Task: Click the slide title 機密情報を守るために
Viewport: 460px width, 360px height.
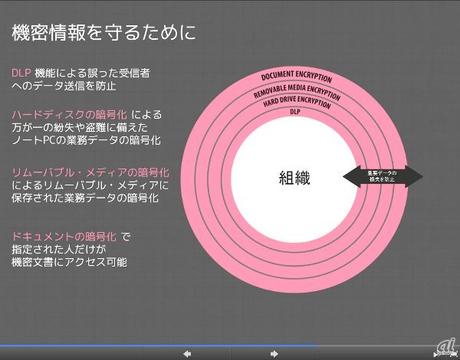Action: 103,33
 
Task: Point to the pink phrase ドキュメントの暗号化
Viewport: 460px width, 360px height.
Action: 64,236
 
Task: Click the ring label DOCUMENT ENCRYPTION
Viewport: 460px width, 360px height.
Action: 296,77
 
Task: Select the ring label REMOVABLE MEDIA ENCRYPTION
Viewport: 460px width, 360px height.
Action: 296,90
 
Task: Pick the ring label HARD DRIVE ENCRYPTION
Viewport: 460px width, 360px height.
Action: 296,101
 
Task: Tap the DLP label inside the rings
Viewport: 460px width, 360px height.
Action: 295,112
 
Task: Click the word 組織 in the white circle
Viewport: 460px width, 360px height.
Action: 295,177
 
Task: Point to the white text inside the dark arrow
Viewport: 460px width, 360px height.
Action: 382,177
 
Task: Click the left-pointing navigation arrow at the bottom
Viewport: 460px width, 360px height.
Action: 186,353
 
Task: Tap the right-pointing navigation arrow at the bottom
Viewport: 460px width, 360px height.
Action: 274,353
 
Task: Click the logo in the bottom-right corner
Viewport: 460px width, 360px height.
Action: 445,347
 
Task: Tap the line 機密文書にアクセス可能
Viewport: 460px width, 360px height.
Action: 70,262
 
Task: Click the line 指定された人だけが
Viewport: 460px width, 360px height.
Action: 58,249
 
